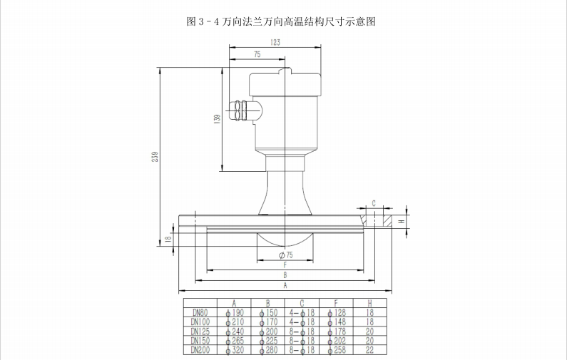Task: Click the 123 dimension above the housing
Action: pos(275,43)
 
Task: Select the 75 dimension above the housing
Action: pos(256,55)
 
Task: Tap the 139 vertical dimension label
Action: pos(216,119)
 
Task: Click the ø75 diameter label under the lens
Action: pos(285,254)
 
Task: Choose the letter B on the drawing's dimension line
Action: pos(285,274)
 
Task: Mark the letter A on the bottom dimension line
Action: pos(285,285)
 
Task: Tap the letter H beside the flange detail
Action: pos(402,222)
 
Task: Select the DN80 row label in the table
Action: pos(198,312)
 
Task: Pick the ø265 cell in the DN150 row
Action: pos(235,341)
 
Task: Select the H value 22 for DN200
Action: pos(370,349)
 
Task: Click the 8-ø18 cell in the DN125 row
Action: pos(302,331)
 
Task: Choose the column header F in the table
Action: pos(336,302)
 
